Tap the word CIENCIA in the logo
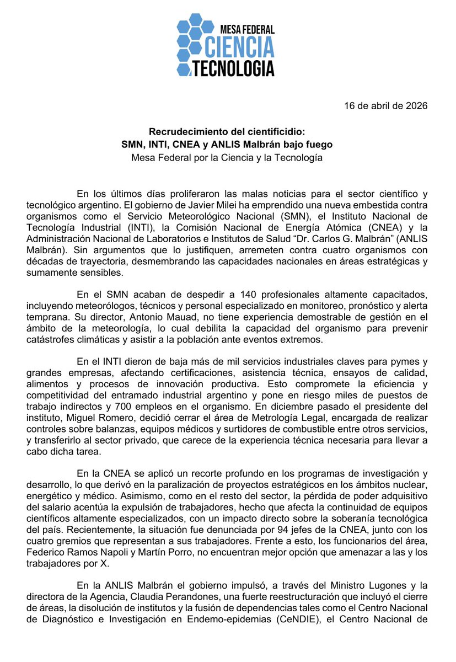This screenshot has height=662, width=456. pyautogui.click(x=238, y=47)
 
